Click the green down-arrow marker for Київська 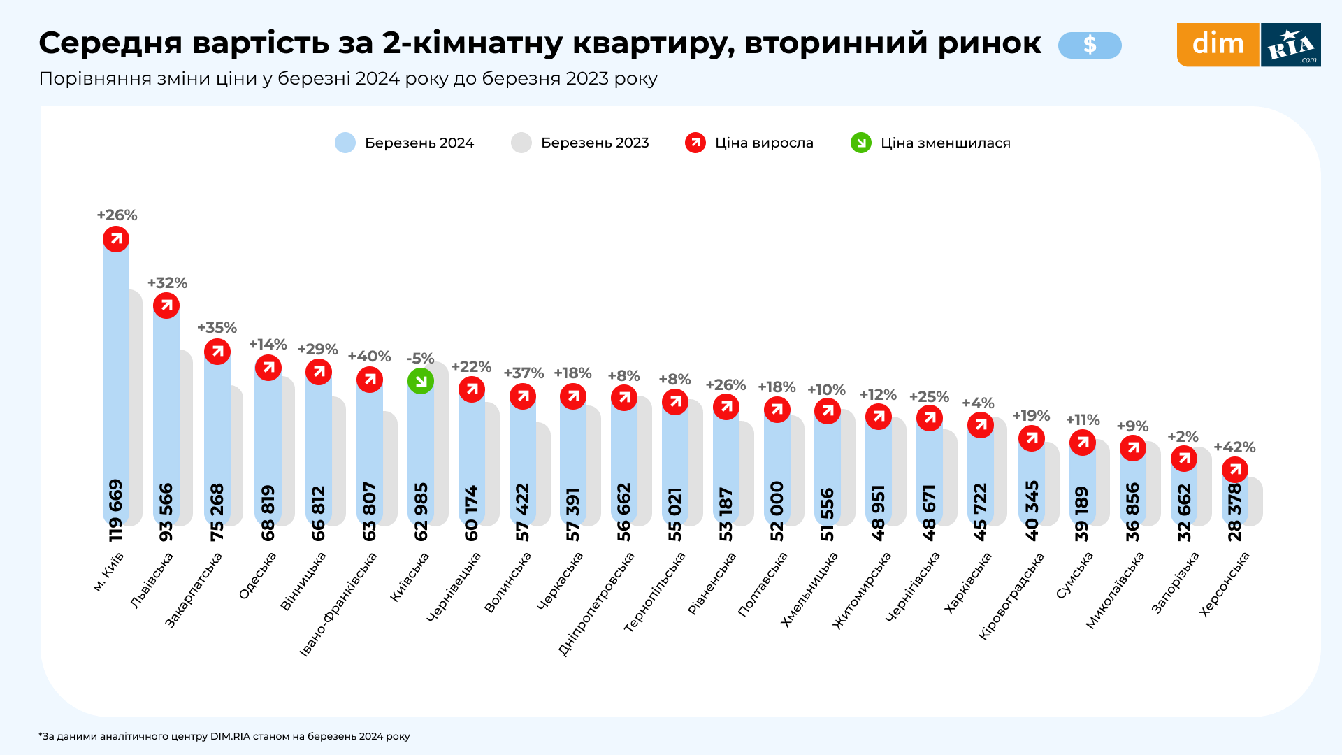click(421, 381)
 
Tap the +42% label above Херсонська click(1234, 447)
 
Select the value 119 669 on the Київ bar click(116, 510)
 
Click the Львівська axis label click(152, 580)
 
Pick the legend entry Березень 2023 click(580, 143)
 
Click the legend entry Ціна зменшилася click(931, 143)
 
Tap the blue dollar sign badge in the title click(1090, 45)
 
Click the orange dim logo click(1218, 45)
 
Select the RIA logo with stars click(1291, 45)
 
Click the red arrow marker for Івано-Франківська click(370, 380)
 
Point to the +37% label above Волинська click(524, 373)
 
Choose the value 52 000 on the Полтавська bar click(777, 511)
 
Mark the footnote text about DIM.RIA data click(224, 736)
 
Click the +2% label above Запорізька click(1183, 437)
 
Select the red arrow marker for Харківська click(981, 425)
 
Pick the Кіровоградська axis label click(1011, 596)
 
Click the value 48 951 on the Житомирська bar click(879, 512)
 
